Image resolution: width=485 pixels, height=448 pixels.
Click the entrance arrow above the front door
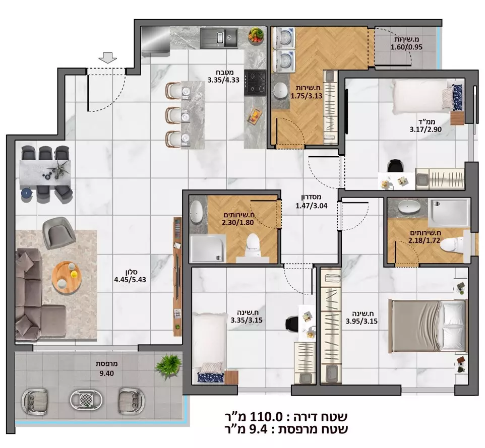[x=106, y=58]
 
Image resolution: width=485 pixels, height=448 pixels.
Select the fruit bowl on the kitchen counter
[x=256, y=35]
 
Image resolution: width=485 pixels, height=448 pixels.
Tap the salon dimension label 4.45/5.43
[x=130, y=276]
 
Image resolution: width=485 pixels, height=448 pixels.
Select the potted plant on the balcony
[x=168, y=364]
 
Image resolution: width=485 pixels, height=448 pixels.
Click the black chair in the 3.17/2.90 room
[x=395, y=166]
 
